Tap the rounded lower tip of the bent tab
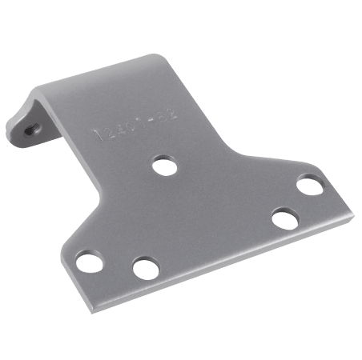pos(18,142)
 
